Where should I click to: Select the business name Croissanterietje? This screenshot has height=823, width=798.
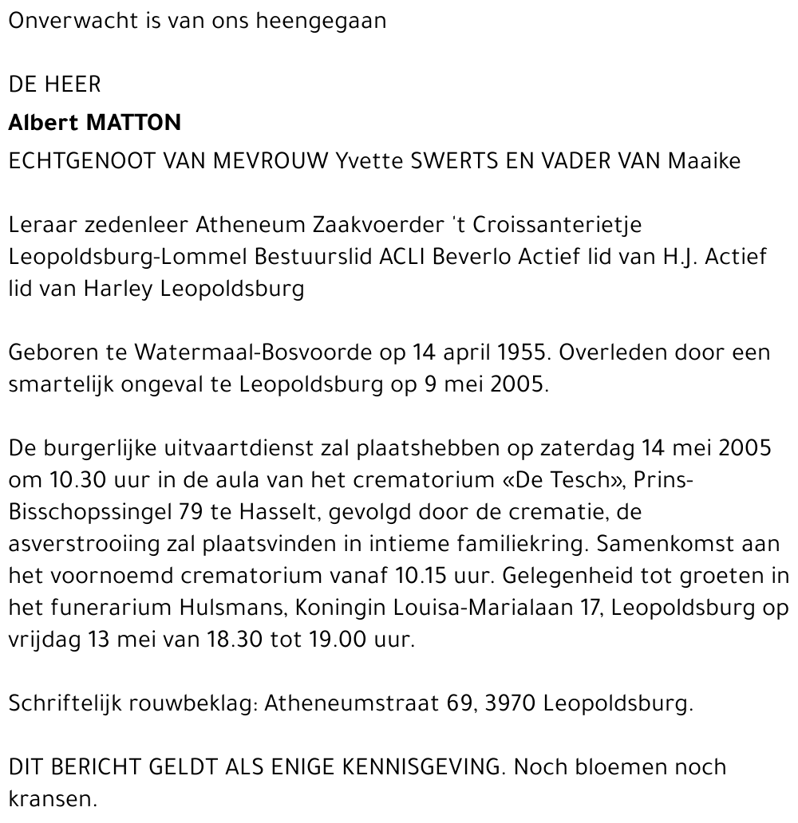coord(557,225)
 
